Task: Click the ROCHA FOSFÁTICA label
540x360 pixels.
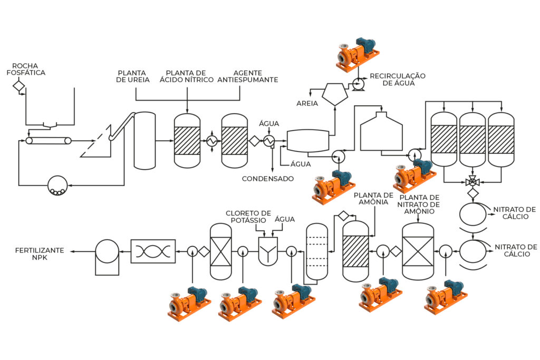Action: point(26,69)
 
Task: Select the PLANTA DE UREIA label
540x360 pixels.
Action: point(132,76)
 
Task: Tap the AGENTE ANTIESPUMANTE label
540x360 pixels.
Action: point(248,76)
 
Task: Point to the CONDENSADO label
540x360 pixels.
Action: point(267,179)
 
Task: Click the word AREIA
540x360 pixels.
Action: point(307,103)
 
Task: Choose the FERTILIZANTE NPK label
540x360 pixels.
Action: point(40,254)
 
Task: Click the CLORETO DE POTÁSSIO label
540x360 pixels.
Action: point(248,217)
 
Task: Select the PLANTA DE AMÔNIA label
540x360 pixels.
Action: point(373,199)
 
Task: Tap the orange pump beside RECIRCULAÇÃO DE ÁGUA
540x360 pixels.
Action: point(357,54)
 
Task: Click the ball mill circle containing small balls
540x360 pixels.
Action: point(57,186)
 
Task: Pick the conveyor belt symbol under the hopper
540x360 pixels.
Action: point(49,141)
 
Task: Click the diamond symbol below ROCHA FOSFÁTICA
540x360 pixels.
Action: point(19,85)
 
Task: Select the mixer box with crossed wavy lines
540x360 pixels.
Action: point(153,251)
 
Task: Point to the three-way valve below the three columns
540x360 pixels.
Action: point(472,181)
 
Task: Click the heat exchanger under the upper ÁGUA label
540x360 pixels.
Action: point(268,141)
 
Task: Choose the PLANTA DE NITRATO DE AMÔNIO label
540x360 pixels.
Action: point(419,205)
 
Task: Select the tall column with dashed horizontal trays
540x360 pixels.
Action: point(317,251)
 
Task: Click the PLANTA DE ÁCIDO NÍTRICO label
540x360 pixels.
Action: point(186,76)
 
